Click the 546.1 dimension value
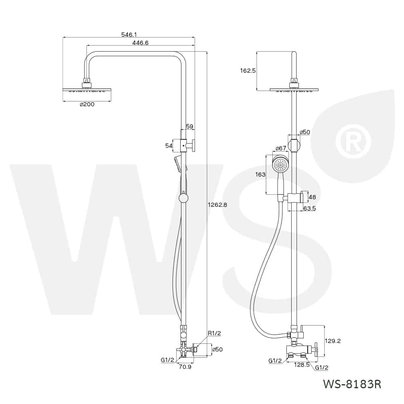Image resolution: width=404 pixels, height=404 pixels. click(129, 34)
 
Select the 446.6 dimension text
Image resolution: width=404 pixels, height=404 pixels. click(141, 43)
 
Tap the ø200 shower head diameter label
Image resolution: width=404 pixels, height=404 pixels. click(87, 104)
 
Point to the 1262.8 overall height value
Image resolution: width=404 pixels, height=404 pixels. click(217, 205)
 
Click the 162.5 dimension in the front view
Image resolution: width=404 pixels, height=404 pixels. click(248, 70)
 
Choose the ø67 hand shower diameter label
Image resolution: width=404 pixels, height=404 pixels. click(281, 148)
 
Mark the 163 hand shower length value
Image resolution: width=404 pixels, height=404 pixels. click(260, 175)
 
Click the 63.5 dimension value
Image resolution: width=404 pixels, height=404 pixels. click(309, 208)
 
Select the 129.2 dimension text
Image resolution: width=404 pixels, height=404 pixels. click(332, 341)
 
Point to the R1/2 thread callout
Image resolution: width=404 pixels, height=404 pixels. click(215, 333)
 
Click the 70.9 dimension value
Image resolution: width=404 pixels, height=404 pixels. click(185, 367)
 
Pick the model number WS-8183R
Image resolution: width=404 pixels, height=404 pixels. click(352, 384)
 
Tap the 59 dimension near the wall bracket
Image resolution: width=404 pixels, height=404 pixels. click(189, 126)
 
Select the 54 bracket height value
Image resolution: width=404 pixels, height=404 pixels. click(169, 146)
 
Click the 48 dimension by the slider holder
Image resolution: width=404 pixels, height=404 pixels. click(312, 197)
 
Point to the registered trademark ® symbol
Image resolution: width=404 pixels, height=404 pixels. click(356, 141)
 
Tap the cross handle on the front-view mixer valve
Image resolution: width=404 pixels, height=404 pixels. click(316, 349)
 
